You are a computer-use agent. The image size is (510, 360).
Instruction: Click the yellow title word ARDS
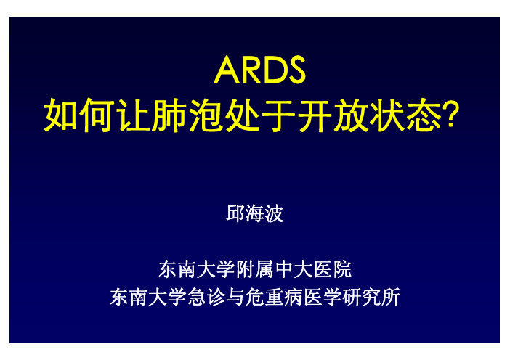click(259, 70)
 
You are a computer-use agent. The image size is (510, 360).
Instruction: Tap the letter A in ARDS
click(227, 70)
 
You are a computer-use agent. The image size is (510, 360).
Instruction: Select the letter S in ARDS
click(295, 70)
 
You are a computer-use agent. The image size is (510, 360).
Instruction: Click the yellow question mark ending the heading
click(453, 114)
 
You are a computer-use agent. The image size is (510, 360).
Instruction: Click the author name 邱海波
click(255, 213)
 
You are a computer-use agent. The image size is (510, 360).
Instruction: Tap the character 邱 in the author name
click(235, 213)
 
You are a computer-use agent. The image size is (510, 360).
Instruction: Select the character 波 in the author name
click(274, 213)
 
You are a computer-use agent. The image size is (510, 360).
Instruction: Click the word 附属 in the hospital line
click(255, 269)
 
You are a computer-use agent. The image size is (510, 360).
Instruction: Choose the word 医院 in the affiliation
click(332, 269)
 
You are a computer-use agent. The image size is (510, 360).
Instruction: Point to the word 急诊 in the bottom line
click(206, 297)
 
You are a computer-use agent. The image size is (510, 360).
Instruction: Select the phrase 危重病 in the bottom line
click(274, 297)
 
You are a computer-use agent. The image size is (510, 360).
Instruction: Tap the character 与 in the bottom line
click(235, 297)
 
